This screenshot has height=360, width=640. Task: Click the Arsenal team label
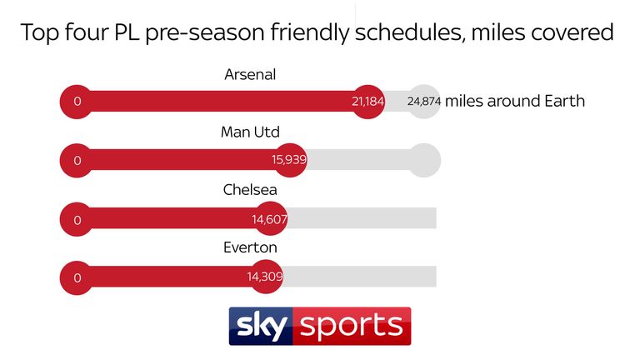250,75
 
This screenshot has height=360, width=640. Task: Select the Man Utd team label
250,132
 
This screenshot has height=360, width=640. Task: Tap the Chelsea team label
250,190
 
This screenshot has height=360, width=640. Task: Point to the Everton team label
250,247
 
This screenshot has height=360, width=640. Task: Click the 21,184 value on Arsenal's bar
367,102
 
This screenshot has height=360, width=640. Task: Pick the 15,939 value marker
289,160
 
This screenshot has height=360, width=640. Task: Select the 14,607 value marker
270,219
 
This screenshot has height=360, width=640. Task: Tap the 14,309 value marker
265,277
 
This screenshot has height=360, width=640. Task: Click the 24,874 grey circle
424,102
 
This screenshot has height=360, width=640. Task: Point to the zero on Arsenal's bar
77,102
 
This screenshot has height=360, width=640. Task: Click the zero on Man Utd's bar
77,160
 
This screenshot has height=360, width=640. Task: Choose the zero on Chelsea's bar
77,220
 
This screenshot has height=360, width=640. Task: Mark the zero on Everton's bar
77,278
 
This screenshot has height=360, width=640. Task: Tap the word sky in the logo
262,325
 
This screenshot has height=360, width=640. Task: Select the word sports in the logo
352,326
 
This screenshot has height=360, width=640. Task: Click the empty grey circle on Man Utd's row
424,160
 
